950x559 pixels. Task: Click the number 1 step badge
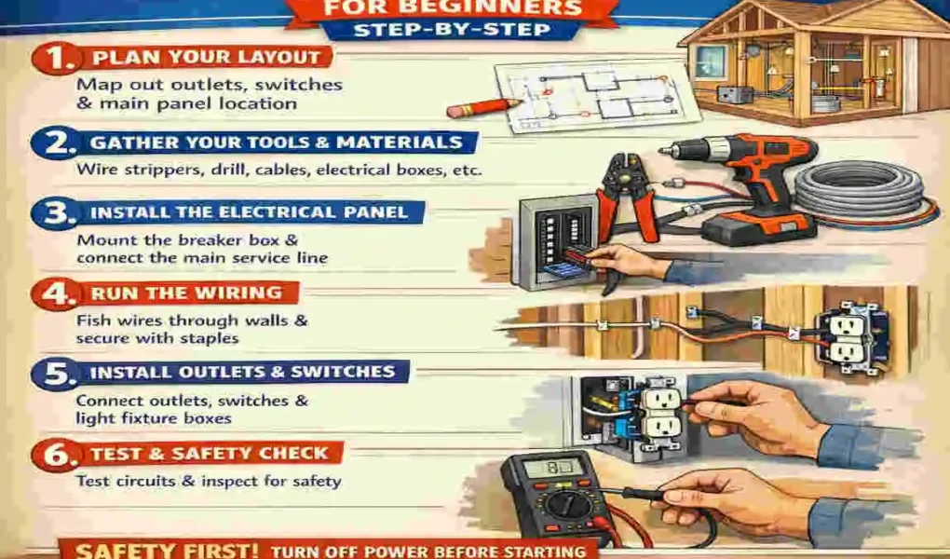click(52, 59)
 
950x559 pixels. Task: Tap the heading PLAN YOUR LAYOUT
click(202, 57)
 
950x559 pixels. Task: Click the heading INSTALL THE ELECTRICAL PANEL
click(249, 212)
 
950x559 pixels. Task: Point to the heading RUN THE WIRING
click(185, 293)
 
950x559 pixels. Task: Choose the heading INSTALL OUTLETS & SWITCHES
click(242, 373)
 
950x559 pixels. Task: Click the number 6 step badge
click(52, 456)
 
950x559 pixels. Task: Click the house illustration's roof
click(801, 19)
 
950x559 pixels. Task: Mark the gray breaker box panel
click(550, 238)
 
